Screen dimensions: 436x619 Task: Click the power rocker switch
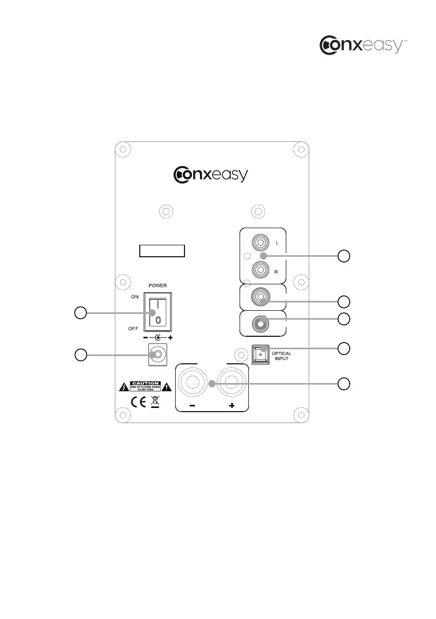click(x=158, y=310)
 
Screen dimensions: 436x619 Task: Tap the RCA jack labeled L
click(x=259, y=242)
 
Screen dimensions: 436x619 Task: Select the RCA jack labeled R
click(x=259, y=269)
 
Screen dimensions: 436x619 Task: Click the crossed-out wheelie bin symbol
click(x=155, y=402)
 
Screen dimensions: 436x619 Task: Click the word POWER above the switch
click(x=157, y=285)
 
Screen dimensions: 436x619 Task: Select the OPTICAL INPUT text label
click(x=281, y=356)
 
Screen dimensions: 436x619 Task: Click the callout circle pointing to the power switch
click(x=80, y=313)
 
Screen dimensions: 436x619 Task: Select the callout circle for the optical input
click(x=343, y=348)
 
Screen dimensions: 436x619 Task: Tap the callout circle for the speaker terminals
click(x=343, y=384)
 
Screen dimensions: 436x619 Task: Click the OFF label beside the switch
click(x=134, y=328)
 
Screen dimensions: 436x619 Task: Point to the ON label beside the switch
click(x=135, y=296)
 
